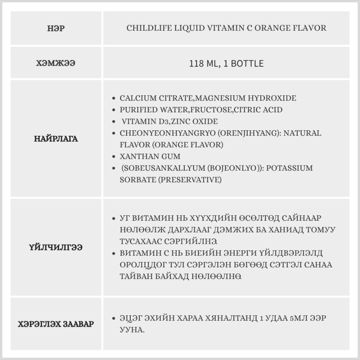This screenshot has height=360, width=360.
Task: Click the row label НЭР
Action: pyautogui.click(x=56, y=28)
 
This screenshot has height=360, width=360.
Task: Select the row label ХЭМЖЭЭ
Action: pyautogui.click(x=56, y=63)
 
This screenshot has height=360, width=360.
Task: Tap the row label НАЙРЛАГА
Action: pyautogui.click(x=56, y=139)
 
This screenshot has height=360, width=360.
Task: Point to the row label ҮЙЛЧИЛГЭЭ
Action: pyautogui.click(x=56, y=247)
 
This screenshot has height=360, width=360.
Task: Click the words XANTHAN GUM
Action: pyautogui.click(x=150, y=157)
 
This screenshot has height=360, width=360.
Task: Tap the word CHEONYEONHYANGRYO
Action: pyautogui.click(x=167, y=133)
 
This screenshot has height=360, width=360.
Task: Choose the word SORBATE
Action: pyautogui.click(x=137, y=180)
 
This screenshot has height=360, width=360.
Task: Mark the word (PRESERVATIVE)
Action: pyautogui.click(x=189, y=180)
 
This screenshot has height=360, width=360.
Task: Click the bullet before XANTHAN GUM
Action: pyautogui.click(x=114, y=157)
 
